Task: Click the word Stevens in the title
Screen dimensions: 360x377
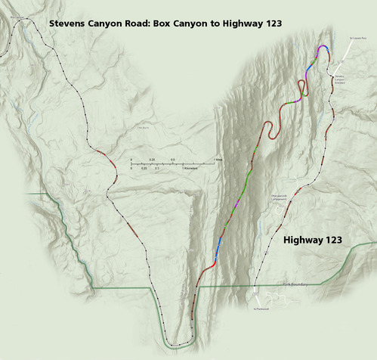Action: pos(67,23)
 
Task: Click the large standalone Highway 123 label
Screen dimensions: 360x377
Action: pos(312,241)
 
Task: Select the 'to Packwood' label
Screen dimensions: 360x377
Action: pos(261,309)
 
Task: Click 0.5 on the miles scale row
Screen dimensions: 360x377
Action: pos(172,160)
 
